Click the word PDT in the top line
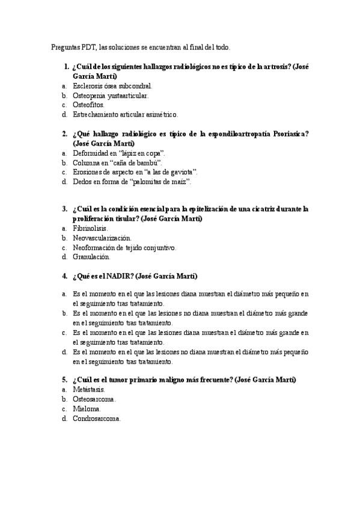tap(87, 47)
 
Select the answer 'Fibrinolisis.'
tap(91, 229)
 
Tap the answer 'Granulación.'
tap(91, 257)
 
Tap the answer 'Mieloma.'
tap(87, 409)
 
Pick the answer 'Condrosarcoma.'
tap(97, 419)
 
